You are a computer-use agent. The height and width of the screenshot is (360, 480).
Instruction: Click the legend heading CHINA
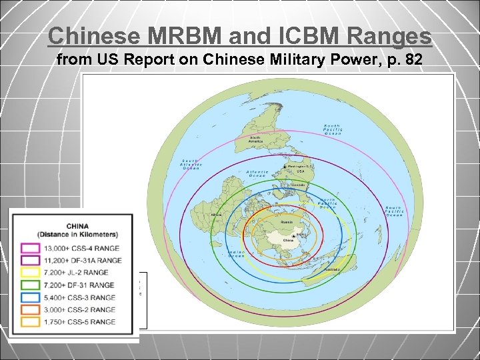tap(77, 226)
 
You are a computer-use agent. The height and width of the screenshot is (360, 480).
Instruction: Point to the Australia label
tap(332, 269)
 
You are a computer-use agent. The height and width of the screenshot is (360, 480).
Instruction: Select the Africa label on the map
tap(216, 215)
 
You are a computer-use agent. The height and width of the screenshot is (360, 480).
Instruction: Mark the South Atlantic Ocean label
tap(191, 164)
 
